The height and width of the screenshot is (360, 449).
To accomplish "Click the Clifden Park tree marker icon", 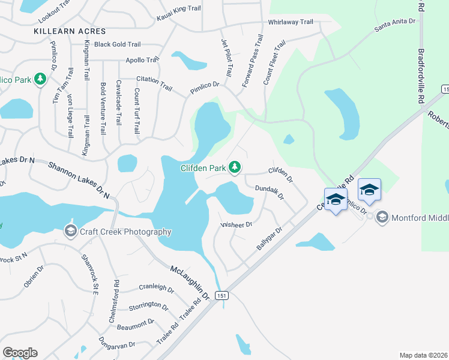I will (236, 168).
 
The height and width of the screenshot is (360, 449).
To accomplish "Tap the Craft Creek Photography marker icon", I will (70, 232).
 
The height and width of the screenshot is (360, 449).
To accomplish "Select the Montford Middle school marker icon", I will (382, 217).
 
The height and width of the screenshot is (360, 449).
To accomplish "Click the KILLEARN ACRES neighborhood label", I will (70, 31).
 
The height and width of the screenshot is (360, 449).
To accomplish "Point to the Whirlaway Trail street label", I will (291, 22).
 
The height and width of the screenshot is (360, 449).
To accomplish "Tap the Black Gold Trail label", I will (117, 44).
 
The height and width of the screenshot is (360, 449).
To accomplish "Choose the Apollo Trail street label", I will (142, 60).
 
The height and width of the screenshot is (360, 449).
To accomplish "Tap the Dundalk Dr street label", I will (269, 191).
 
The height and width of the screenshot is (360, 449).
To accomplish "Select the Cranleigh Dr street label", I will (156, 289).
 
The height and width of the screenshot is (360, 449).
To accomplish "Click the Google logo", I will (20, 353).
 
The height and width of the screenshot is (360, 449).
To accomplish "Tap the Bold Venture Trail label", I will (103, 108).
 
